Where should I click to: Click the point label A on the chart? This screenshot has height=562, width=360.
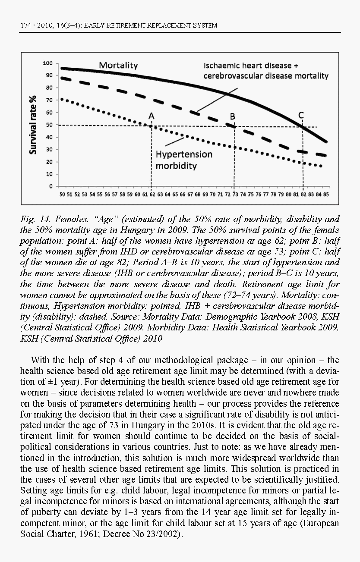tap(151, 116)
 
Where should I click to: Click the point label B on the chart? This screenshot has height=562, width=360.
tap(232, 116)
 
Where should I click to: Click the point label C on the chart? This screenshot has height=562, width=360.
tap(301, 115)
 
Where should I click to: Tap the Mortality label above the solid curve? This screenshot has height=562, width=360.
tap(118, 66)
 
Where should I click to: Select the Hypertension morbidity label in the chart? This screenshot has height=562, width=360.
tap(184, 160)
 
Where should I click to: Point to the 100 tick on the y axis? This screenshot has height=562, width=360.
tap(47, 63)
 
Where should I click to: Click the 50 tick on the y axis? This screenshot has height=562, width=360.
tap(49, 125)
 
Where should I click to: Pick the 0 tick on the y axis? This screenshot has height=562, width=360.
tap(51, 187)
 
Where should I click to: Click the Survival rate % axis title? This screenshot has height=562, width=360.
tap(33, 125)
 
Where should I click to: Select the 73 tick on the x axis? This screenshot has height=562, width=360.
tap(235, 195)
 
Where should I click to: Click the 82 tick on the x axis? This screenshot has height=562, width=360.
tap(303, 195)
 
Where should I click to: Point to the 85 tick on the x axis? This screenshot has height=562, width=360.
tap(326, 195)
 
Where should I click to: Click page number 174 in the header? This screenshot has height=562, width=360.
tap(27, 25)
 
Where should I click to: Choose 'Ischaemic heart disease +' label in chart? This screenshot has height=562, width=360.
tap(251, 66)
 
